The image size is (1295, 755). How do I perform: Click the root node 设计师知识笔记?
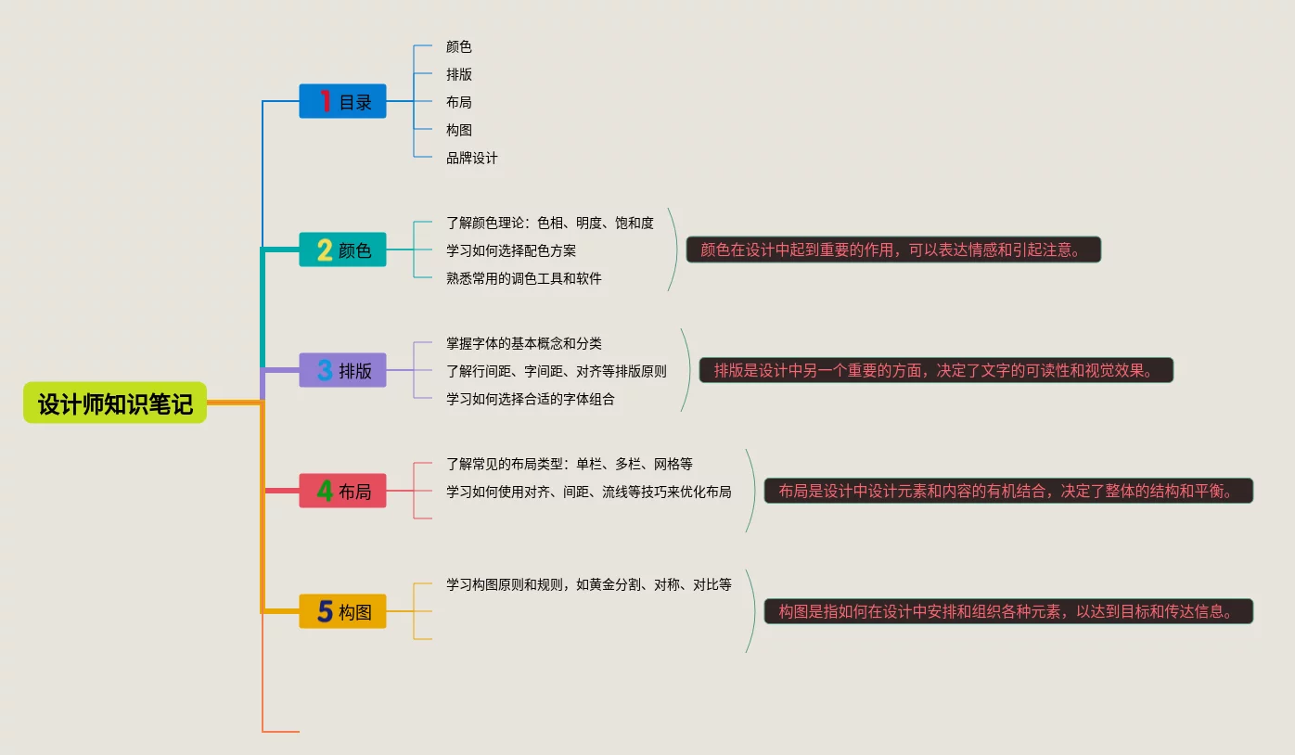(x=115, y=403)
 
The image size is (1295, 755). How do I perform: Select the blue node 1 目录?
(x=342, y=101)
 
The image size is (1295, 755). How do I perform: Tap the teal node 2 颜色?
(x=342, y=250)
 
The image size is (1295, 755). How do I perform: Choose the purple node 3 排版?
(x=342, y=370)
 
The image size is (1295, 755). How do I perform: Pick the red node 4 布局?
(x=342, y=491)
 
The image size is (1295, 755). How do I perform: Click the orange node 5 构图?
(x=342, y=611)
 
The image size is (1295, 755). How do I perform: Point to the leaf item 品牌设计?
(x=471, y=158)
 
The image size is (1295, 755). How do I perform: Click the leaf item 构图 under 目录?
(x=458, y=130)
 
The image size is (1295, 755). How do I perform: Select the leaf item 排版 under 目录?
(x=458, y=74)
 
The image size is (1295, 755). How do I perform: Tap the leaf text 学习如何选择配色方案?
(x=510, y=250)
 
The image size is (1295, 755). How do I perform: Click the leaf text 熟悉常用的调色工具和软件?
(x=523, y=278)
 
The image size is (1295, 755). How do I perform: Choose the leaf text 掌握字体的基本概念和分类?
(x=523, y=343)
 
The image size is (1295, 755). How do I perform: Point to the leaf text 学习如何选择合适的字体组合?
(x=530, y=399)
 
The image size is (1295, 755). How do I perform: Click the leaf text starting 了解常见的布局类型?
(x=569, y=464)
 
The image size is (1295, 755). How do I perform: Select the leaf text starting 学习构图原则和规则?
(x=588, y=584)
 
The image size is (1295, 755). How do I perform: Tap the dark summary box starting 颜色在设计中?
(x=893, y=250)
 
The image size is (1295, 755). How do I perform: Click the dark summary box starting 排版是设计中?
(x=935, y=370)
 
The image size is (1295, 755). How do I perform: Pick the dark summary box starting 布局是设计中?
(x=1007, y=491)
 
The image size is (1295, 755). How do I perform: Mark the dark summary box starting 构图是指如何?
(x=1007, y=611)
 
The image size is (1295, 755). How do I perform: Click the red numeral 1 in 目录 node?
(x=326, y=101)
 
